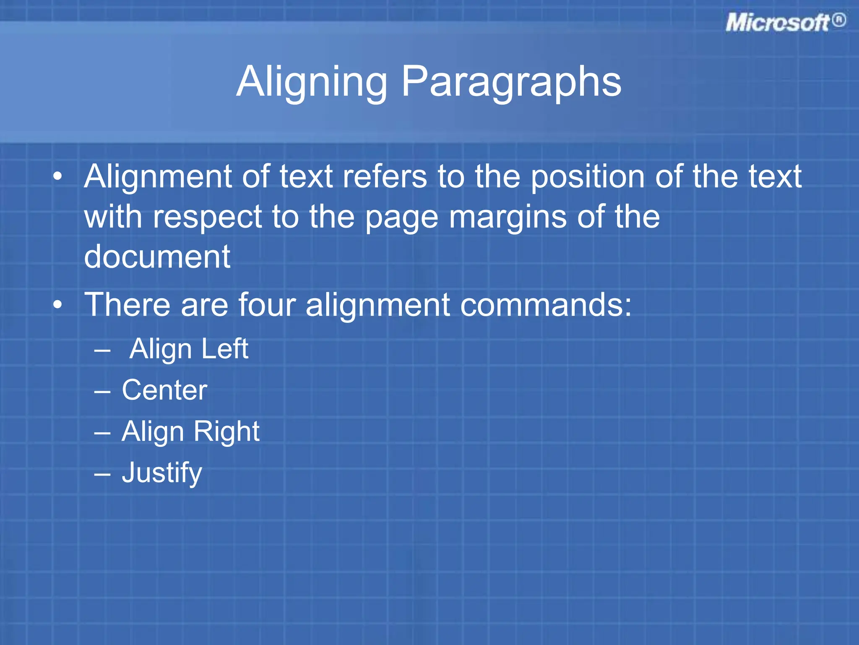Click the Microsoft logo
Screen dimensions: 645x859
[x=778, y=23]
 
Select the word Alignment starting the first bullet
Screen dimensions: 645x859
[x=158, y=177]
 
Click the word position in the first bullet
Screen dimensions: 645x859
[x=587, y=177]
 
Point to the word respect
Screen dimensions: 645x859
[x=208, y=217]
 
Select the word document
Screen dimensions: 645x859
[x=157, y=257]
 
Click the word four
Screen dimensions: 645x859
[x=267, y=304]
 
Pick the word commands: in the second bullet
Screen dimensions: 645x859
[x=546, y=304]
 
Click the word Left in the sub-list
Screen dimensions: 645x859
[x=225, y=349]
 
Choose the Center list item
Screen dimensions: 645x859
[x=164, y=390]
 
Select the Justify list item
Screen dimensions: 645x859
[x=162, y=473]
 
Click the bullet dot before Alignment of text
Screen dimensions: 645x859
[x=58, y=176]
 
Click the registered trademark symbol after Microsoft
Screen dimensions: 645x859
[x=839, y=20]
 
